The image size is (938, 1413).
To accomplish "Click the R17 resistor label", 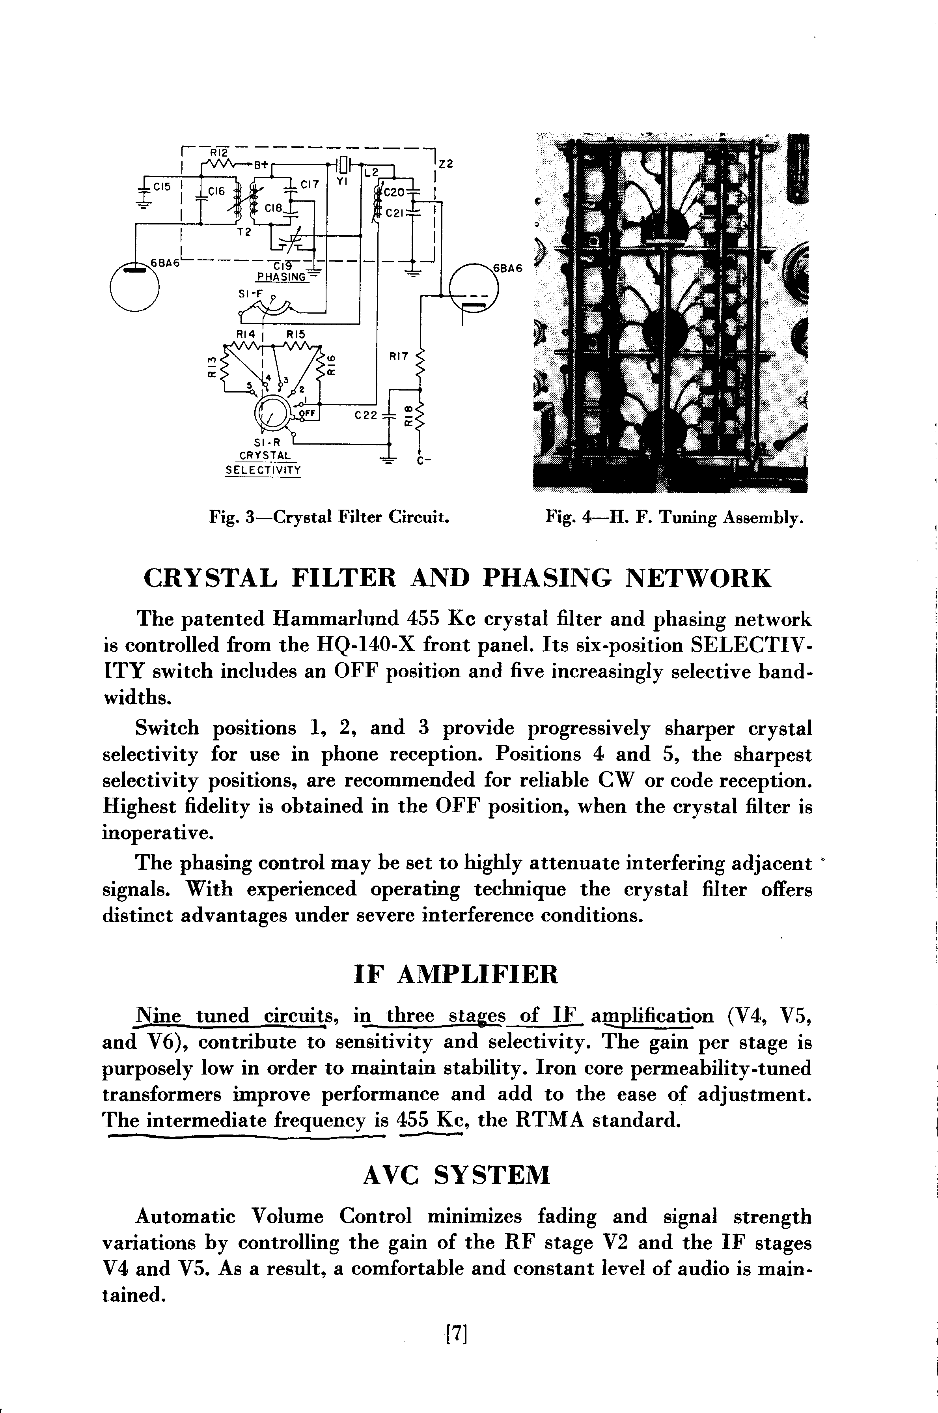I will tap(398, 357).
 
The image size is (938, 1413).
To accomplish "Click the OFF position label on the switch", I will tap(306, 413).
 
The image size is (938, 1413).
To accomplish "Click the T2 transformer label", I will tap(244, 233).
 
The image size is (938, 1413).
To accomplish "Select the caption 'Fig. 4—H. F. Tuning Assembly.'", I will tap(674, 517).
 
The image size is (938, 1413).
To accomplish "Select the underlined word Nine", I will tap(158, 1016).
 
